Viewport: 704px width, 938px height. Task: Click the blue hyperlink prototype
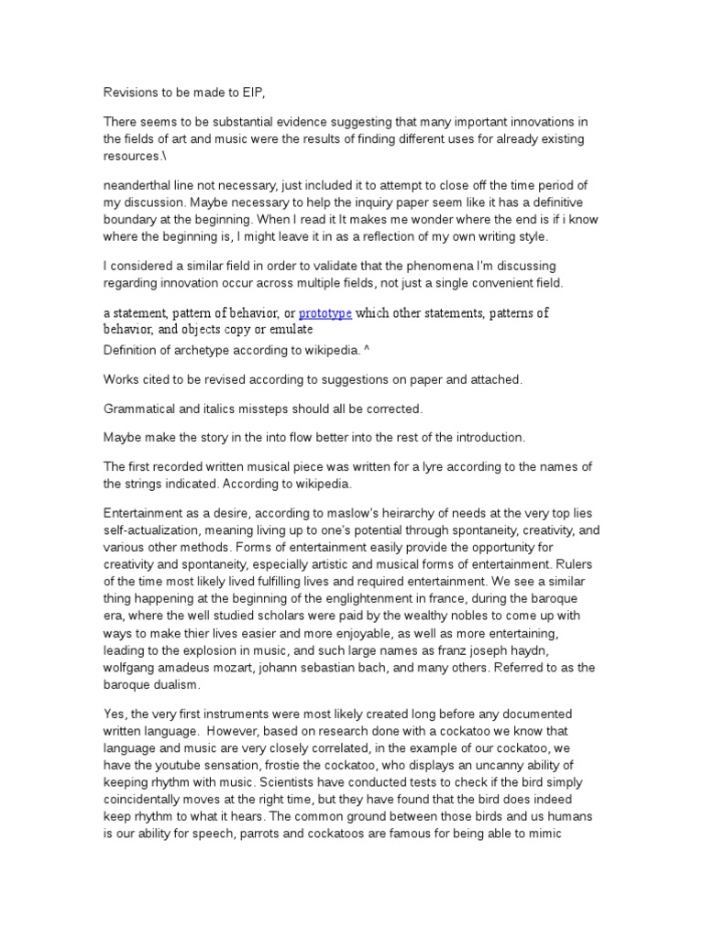click(325, 313)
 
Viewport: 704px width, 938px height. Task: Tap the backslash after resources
click(161, 156)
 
